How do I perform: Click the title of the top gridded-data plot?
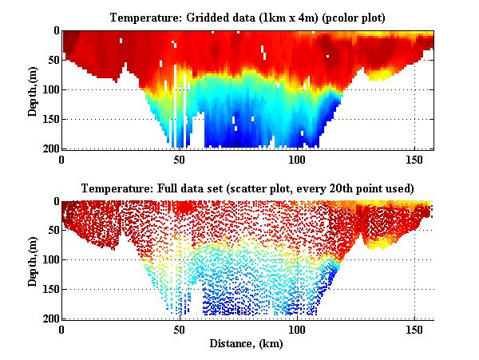tap(247, 18)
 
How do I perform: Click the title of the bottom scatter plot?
tap(247, 188)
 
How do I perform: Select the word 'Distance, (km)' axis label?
tap(247, 343)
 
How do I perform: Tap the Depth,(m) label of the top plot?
tap(33, 89)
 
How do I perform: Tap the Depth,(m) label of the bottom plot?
tap(33, 260)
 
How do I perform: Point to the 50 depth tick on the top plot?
tap(49, 60)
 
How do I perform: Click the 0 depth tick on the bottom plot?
tap(53, 201)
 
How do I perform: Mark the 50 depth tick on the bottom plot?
tap(49, 231)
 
